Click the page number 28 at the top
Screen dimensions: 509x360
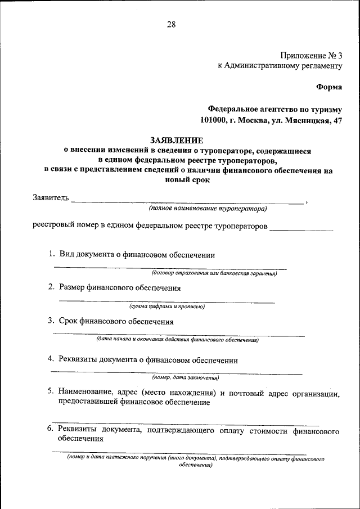click(172, 24)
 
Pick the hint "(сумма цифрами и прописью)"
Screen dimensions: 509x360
click(166, 307)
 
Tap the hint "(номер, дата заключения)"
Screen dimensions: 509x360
click(186, 377)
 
